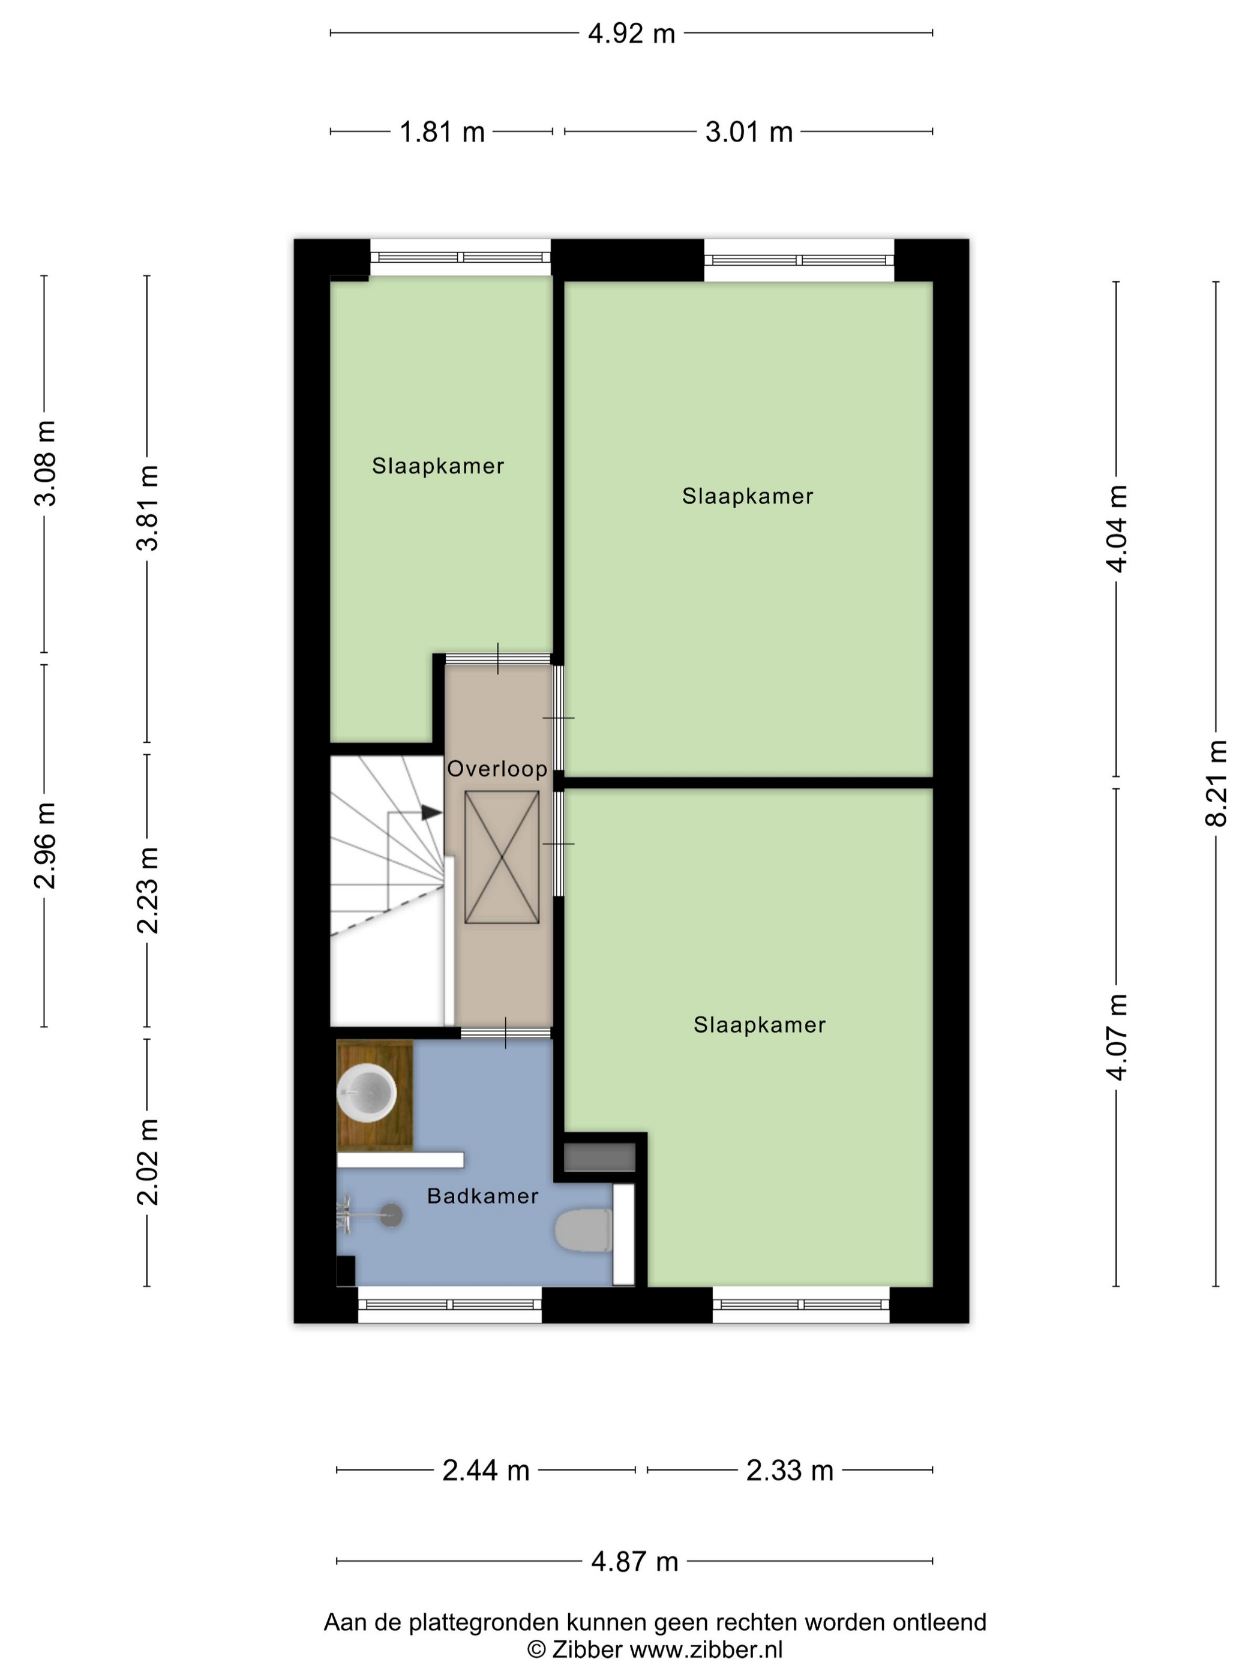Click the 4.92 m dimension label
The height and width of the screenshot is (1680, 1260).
tap(631, 34)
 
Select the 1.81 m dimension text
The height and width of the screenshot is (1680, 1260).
tap(442, 132)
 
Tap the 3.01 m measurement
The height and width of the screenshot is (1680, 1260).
tap(749, 132)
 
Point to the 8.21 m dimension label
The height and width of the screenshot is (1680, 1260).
tap(1216, 783)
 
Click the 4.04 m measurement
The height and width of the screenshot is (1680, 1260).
tap(1117, 529)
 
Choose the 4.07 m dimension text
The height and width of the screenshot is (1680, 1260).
tap(1117, 1037)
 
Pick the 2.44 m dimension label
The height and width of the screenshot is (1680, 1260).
tap(485, 1471)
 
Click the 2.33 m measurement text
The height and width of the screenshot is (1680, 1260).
tap(790, 1471)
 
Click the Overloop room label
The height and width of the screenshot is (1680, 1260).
tap(497, 769)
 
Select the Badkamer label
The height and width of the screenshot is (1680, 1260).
tap(482, 1196)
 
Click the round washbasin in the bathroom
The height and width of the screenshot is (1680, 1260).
tap(367, 1092)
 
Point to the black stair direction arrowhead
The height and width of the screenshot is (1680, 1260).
tap(431, 812)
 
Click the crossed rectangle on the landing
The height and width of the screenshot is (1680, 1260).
tap(502, 857)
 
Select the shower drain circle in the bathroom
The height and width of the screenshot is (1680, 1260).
tap(391, 1215)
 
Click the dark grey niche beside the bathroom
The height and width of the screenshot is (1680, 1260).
tap(599, 1157)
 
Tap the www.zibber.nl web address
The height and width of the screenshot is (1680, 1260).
tap(706, 1649)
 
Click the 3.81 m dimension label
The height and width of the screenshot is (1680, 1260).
tap(148, 508)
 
